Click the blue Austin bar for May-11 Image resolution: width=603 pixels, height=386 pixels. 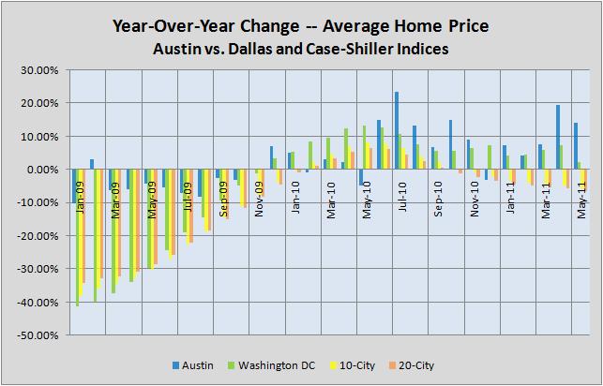576,146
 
